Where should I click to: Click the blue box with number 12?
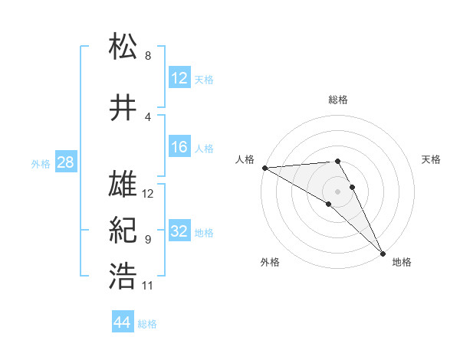coord(179,78)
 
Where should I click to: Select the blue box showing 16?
coord(179,147)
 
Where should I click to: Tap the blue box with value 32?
coord(179,232)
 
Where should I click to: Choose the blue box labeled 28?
coord(65,162)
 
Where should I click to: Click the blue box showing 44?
coord(122,323)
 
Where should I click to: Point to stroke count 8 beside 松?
coord(148,56)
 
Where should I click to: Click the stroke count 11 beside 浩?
coord(148,286)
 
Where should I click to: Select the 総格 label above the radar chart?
coord(338,100)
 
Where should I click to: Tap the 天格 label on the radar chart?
coord(432,159)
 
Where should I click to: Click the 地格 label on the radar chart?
coord(402,262)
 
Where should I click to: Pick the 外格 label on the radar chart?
coord(270,262)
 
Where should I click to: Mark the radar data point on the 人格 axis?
coord(264,167)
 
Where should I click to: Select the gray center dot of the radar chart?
coord(337,191)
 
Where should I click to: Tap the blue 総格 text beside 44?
coord(147,324)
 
